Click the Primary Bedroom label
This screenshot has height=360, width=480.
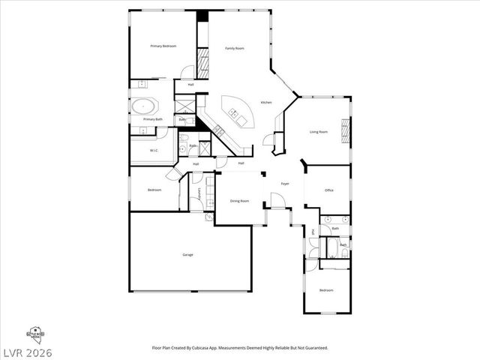(x=163, y=46)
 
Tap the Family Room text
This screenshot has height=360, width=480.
(x=235, y=48)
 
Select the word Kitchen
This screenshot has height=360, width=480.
(x=266, y=102)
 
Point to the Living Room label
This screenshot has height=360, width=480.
(x=319, y=132)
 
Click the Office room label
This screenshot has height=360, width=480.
(x=328, y=190)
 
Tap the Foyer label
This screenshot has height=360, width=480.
(x=285, y=184)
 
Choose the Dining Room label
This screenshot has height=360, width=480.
(x=239, y=201)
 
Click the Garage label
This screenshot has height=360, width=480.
(x=187, y=255)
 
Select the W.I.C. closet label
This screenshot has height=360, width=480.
(x=153, y=151)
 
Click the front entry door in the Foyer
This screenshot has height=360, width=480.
(x=277, y=201)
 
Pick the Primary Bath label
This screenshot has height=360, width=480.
(x=153, y=119)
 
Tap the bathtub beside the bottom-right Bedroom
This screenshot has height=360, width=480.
(x=334, y=253)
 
